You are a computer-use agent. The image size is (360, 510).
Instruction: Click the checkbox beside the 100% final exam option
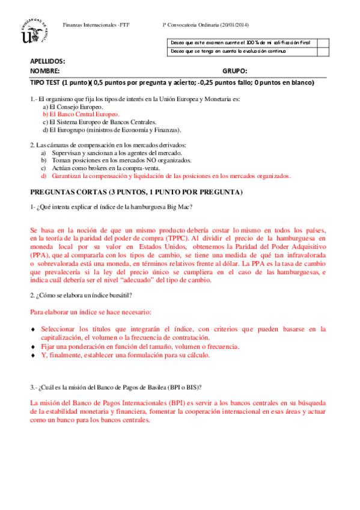click(x=323, y=43)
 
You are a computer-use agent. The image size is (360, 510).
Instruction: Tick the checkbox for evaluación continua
click(x=323, y=51)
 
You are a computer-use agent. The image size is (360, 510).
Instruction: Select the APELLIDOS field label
click(x=47, y=61)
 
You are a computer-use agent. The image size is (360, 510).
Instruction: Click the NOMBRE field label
click(x=45, y=71)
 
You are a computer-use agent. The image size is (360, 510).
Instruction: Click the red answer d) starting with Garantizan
click(x=168, y=176)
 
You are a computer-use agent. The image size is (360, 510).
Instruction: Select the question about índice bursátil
click(x=81, y=295)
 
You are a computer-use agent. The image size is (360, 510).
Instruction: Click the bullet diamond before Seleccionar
click(x=33, y=330)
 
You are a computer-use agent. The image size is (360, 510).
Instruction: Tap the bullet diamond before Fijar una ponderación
click(x=33, y=347)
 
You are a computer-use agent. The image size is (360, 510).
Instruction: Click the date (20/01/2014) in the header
click(x=234, y=24)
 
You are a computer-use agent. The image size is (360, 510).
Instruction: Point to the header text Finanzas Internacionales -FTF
click(x=100, y=24)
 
